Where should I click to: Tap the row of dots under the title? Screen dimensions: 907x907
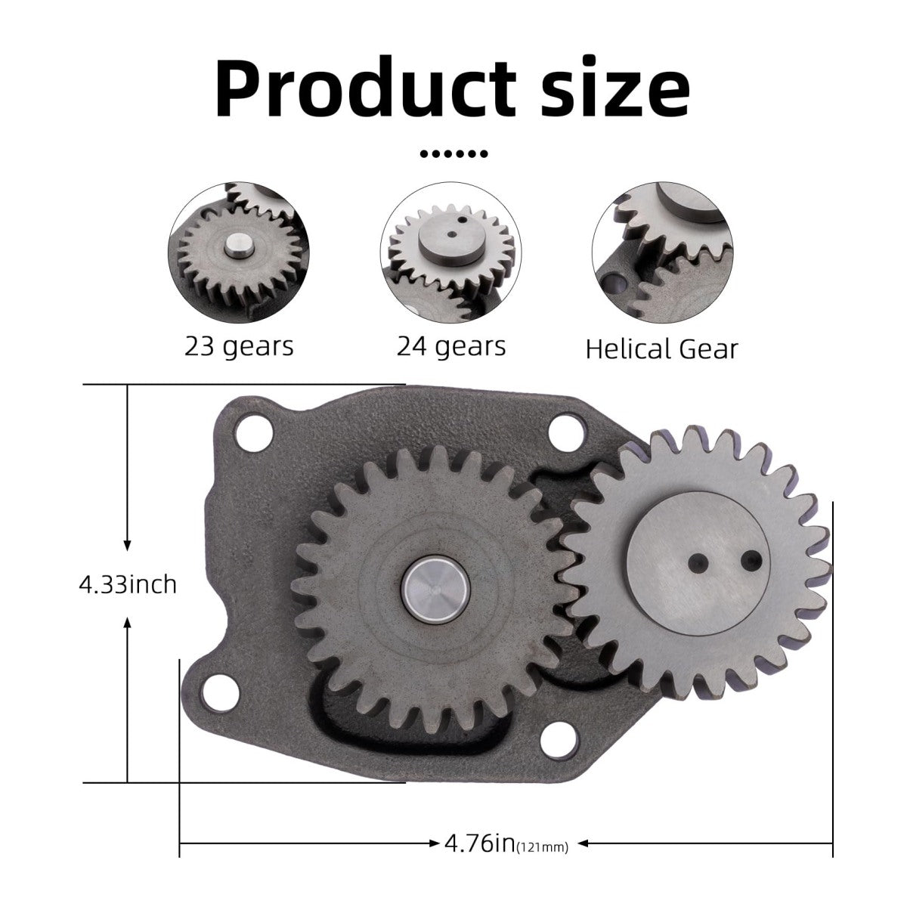pos(453,154)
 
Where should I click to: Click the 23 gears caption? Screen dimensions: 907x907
pos(239,346)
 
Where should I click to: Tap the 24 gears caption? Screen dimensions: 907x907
pos(451,346)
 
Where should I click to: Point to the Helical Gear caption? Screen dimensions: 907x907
pos(661,348)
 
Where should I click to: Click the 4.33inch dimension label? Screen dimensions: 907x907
pos(128,584)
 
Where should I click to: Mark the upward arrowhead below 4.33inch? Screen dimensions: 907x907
pos(128,622)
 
